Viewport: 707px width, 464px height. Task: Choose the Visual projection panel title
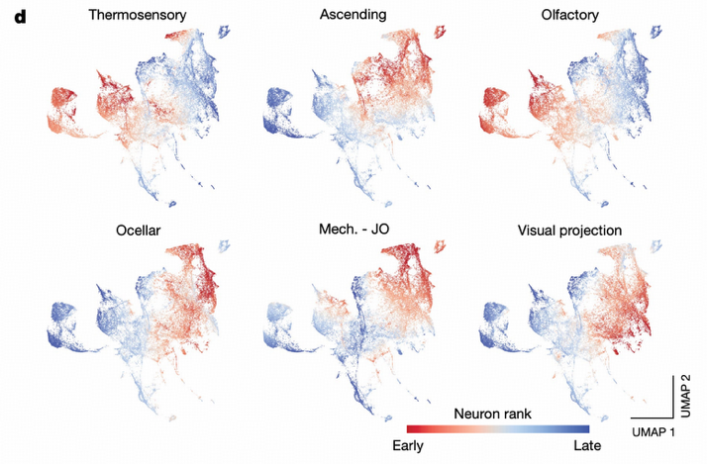pyautogui.click(x=569, y=231)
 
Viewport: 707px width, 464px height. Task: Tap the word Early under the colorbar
pyautogui.click(x=409, y=446)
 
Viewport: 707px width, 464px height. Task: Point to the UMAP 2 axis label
pyautogui.click(x=690, y=393)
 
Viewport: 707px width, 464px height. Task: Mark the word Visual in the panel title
pyautogui.click(x=537, y=231)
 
